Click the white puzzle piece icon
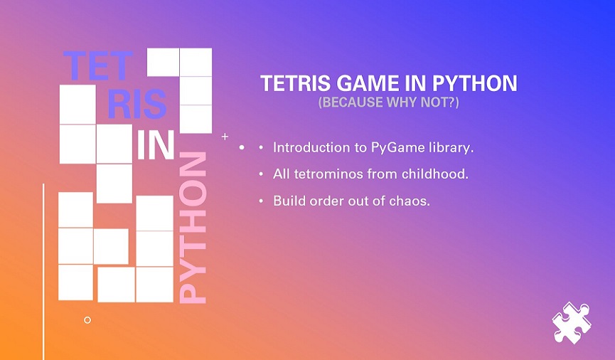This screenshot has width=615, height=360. [571, 323]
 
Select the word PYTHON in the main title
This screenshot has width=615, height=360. [475, 83]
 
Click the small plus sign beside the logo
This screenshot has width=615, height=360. [225, 137]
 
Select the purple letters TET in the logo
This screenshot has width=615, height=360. [98, 65]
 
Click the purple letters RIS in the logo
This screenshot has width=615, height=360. [137, 104]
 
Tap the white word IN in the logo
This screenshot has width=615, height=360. [156, 145]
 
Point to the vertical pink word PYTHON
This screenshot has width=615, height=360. [193, 228]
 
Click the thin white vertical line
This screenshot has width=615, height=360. [43, 272]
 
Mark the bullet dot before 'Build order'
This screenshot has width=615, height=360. [261, 201]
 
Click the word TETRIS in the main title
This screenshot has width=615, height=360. [296, 83]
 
